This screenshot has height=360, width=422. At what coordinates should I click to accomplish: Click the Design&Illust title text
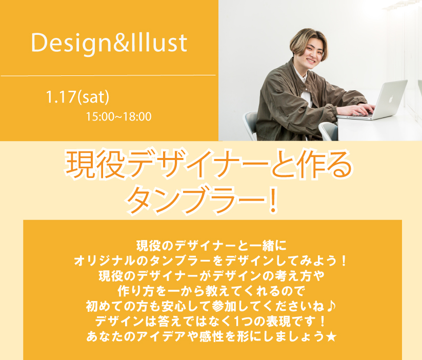tap(109, 43)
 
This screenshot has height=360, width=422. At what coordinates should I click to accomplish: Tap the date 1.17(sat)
tap(77, 97)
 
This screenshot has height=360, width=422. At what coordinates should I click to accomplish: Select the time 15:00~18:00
tap(118, 117)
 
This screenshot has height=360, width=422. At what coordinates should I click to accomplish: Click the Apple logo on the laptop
tap(391, 99)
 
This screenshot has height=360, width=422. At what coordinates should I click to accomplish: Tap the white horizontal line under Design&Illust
tap(108, 75)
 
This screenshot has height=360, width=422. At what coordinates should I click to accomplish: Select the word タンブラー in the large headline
tap(196, 199)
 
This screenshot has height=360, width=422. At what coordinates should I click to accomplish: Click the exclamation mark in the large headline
tap(273, 199)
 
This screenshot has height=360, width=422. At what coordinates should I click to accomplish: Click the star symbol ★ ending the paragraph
tap(331, 336)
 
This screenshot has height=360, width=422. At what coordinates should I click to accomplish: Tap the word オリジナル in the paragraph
tap(106, 261)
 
